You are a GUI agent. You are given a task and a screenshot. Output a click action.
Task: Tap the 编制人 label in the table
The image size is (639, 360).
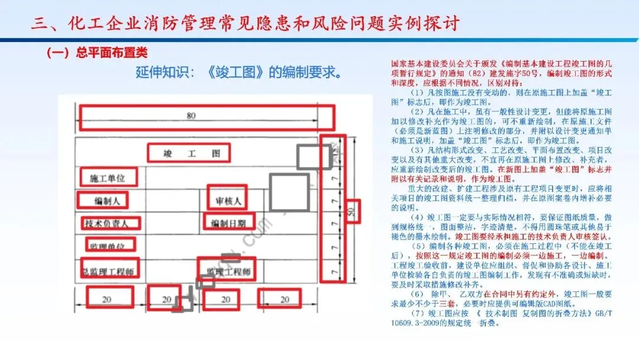pyautogui.click(x=107, y=201)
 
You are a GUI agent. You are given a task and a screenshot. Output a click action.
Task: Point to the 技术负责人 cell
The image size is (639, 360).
pyautogui.click(x=110, y=223)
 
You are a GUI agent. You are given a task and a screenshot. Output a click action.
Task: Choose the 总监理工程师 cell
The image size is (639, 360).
pyautogui.click(x=109, y=272)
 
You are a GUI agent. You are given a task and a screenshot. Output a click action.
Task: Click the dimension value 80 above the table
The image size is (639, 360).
pyautogui.click(x=191, y=117)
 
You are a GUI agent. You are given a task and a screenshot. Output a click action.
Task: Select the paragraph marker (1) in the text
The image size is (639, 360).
pyautogui.click(x=416, y=93)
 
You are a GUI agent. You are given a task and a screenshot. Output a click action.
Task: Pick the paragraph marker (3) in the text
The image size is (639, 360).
pyautogui.click(x=416, y=149)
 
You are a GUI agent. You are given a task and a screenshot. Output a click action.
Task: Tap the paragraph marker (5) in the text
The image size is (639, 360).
pyautogui.click(x=416, y=246)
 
